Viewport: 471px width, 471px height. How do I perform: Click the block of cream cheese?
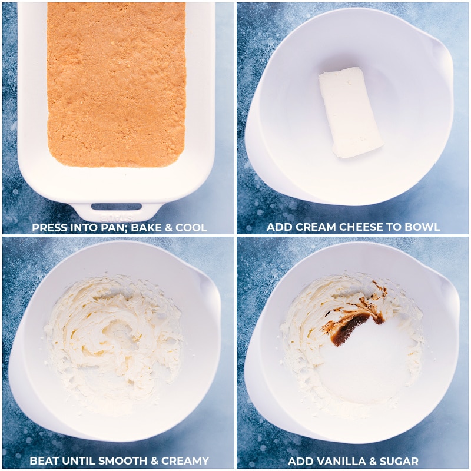point(350,112)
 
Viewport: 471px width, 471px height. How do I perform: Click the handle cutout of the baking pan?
point(116,207)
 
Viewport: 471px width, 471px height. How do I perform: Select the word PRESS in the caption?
point(49,227)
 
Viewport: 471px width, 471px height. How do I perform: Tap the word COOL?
point(191,227)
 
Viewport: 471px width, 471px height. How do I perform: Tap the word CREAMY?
point(185,460)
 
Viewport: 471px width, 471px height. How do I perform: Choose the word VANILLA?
point(339,461)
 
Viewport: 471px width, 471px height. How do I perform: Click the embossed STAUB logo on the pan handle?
point(117,217)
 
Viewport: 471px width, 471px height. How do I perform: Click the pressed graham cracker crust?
point(116,84)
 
